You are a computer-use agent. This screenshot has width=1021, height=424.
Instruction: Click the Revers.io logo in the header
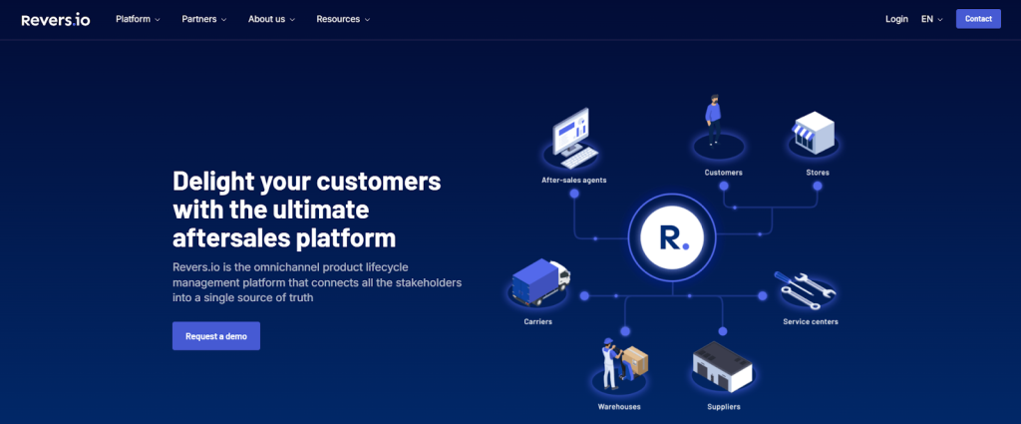pyautogui.click(x=56, y=19)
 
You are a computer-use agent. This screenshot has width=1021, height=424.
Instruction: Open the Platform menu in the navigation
pyautogui.click(x=138, y=19)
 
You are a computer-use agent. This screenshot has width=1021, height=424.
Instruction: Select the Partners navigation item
pyautogui.click(x=204, y=19)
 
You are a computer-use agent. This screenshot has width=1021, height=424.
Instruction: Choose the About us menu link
pyautogui.click(x=271, y=19)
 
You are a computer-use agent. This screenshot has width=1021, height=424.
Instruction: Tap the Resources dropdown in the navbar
pyautogui.click(x=343, y=19)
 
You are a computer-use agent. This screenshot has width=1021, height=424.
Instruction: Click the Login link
pyautogui.click(x=896, y=19)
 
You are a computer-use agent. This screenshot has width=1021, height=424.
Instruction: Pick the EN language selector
pyautogui.click(x=931, y=19)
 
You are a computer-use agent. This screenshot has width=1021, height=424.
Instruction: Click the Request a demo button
pyautogui.click(x=216, y=336)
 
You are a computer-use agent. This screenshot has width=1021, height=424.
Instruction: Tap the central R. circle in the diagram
pyautogui.click(x=673, y=236)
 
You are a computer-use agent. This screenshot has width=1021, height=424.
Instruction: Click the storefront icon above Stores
pyautogui.click(x=813, y=133)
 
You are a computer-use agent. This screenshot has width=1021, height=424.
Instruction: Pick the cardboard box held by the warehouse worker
pyautogui.click(x=634, y=361)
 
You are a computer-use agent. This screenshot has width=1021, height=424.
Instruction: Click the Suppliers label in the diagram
pyautogui.click(x=724, y=407)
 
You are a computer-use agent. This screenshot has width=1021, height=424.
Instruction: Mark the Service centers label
pyautogui.click(x=810, y=322)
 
